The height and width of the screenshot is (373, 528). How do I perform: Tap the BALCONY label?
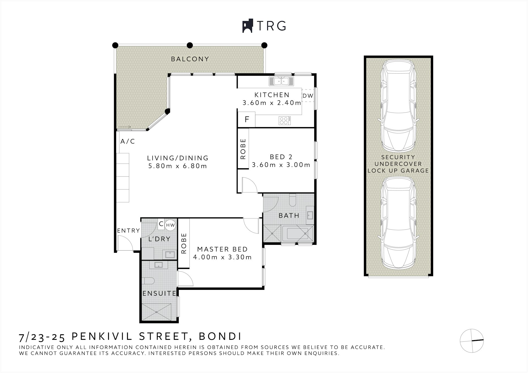190,59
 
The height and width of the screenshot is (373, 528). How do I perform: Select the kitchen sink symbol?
281,81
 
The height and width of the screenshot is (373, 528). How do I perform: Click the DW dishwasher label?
308,96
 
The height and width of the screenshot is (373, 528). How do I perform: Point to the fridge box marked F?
247,119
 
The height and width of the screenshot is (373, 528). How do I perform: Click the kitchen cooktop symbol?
285,120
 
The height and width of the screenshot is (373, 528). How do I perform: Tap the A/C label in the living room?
128,141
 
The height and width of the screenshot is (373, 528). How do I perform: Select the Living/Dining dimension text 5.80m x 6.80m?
177,166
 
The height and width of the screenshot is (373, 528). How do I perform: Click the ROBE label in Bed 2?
243,149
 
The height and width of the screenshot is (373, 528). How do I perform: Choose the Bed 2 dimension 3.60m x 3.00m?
281,165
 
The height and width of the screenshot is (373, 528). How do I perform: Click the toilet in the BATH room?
292,200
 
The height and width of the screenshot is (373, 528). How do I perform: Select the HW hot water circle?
170,225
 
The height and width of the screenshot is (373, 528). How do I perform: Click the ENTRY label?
128,231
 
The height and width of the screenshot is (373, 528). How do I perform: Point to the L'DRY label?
159,239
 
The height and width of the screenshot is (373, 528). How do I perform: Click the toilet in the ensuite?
149,281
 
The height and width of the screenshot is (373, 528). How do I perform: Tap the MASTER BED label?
222,249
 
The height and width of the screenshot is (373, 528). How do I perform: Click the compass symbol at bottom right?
472,341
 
